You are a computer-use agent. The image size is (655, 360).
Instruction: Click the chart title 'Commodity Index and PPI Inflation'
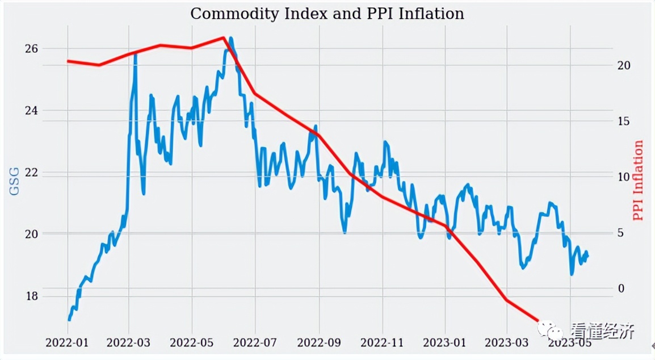point(327,14)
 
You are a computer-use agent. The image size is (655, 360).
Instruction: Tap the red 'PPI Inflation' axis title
point(639,181)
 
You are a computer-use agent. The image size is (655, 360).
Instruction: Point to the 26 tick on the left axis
point(32,48)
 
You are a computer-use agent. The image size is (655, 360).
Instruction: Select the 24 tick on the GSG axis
point(32,110)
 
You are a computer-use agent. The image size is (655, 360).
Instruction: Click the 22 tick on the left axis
point(32,172)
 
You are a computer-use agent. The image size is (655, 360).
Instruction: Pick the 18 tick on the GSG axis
point(32,296)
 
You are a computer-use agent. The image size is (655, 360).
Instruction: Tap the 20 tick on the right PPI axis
point(624,66)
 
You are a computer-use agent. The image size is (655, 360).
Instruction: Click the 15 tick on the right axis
point(624,122)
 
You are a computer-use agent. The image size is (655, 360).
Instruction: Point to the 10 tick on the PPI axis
point(624,177)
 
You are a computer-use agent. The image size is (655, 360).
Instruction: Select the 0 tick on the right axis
point(620,288)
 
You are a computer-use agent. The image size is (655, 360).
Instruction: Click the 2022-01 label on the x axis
point(66,342)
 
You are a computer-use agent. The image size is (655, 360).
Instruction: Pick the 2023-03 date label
point(507,342)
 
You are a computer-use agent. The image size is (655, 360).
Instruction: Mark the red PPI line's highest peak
point(224,37)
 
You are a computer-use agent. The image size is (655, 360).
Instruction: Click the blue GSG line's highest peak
point(231,38)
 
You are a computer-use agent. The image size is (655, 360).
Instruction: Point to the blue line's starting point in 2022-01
point(69,320)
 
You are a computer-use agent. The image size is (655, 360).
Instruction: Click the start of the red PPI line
point(68,61)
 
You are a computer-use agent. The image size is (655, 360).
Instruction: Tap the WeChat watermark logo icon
point(550,330)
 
